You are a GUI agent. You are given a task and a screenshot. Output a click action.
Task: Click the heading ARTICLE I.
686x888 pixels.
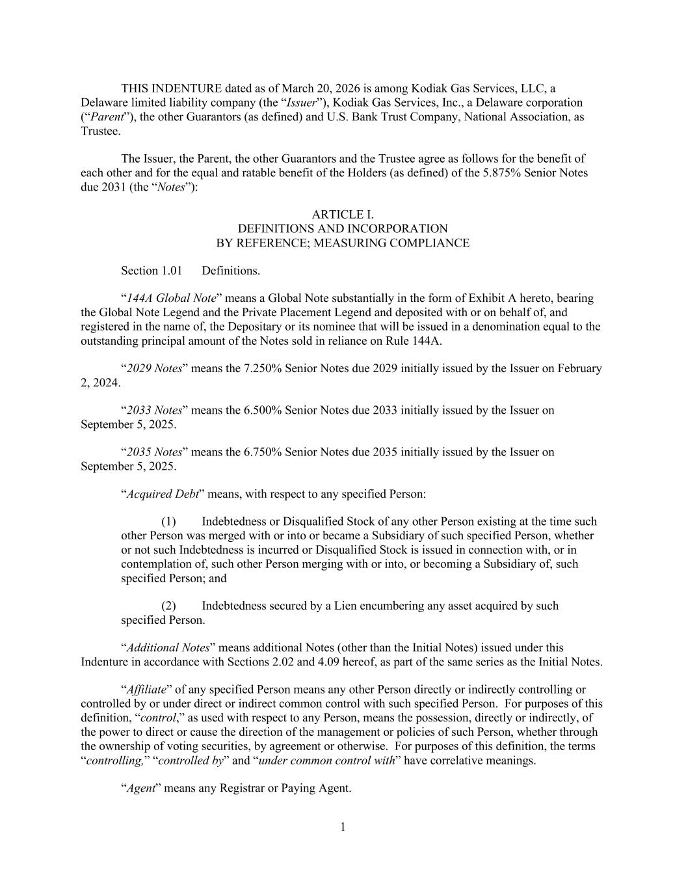tap(343, 215)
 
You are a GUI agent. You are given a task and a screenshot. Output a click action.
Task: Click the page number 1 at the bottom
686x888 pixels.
tap(343, 827)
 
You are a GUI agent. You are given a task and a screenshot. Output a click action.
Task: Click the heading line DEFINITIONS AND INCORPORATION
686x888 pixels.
tap(343, 229)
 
